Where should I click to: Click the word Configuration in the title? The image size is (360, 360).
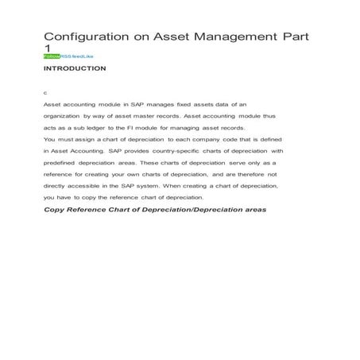point(83,37)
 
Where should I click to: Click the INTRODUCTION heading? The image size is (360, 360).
point(75,69)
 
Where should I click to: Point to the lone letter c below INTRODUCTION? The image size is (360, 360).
point(45,92)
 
